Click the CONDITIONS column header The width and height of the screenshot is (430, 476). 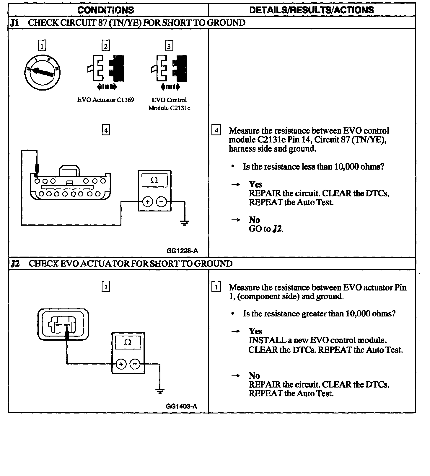pyautogui.click(x=105, y=10)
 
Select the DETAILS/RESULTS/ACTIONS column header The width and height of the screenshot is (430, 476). pyautogui.click(x=311, y=10)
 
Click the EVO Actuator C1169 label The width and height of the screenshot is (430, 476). pyautogui.click(x=105, y=100)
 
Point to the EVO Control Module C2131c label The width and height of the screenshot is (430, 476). pyautogui.click(x=169, y=104)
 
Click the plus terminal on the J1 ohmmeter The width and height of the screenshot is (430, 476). pyautogui.click(x=148, y=202)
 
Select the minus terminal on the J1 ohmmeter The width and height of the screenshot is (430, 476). pyautogui.click(x=161, y=202)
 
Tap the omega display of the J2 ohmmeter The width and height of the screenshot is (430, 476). pyautogui.click(x=128, y=343)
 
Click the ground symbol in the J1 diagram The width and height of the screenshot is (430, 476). pyautogui.click(x=185, y=223)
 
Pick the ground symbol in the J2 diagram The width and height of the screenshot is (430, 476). pyautogui.click(x=160, y=391)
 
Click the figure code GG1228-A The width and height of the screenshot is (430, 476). pyautogui.click(x=182, y=251)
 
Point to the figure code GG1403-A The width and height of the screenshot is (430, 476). pyautogui.click(x=181, y=406)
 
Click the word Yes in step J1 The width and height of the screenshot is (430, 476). pyautogui.click(x=255, y=185)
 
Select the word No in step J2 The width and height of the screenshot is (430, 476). pyautogui.click(x=254, y=376)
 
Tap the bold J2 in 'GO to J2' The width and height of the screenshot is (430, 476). pyautogui.click(x=277, y=229)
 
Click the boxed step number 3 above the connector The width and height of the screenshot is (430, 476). pyautogui.click(x=169, y=46)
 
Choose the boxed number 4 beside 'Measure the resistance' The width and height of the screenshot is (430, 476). pyautogui.click(x=216, y=130)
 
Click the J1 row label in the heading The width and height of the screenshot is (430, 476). pyautogui.click(x=14, y=23)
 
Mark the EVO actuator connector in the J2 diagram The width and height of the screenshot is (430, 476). pyautogui.click(x=63, y=324)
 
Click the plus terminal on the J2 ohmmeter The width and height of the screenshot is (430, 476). pyautogui.click(x=121, y=364)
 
